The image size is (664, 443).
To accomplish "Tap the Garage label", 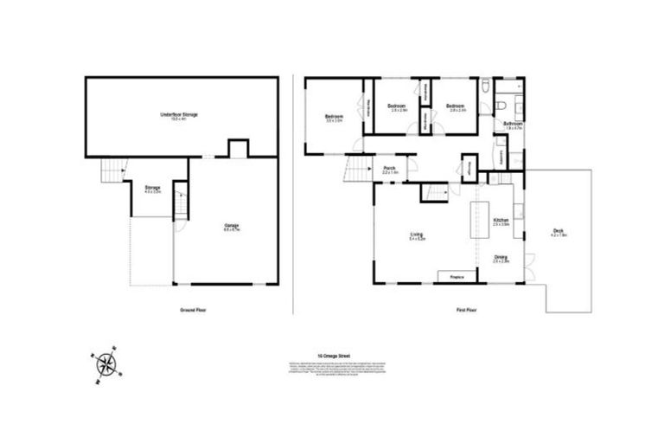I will click(x=231, y=227).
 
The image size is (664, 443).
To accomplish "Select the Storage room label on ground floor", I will click(x=153, y=189).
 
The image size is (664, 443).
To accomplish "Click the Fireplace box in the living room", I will click(x=458, y=276).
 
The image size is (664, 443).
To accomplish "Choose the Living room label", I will click(x=416, y=235).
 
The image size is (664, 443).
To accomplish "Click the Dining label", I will click(x=501, y=258).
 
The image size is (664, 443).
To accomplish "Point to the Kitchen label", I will click(x=501, y=222).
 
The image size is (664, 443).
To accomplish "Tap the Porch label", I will click(x=390, y=170).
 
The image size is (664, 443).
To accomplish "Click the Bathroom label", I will click(x=512, y=125).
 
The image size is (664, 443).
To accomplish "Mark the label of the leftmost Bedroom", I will click(x=335, y=119).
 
